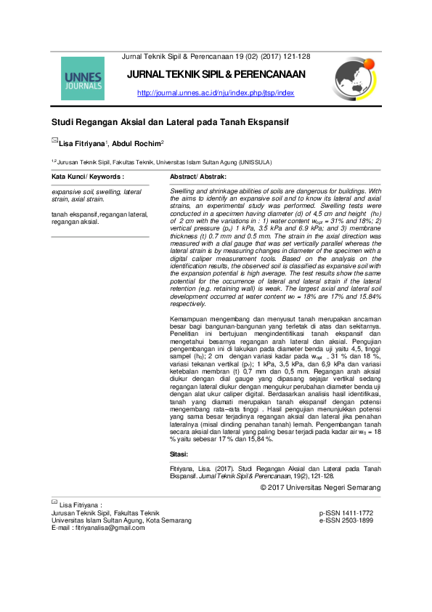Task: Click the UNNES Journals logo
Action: coord(83,78)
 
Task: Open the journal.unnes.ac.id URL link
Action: coord(216,93)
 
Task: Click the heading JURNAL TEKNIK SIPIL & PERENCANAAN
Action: coord(216,74)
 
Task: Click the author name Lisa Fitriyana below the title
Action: coord(81,142)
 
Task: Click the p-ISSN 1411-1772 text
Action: coord(346,513)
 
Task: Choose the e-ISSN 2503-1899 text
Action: coord(346,520)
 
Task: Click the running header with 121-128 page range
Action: coord(216,56)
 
